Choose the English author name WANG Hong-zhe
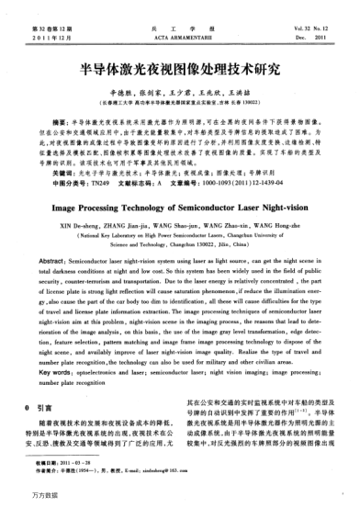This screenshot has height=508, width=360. (283, 231)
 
